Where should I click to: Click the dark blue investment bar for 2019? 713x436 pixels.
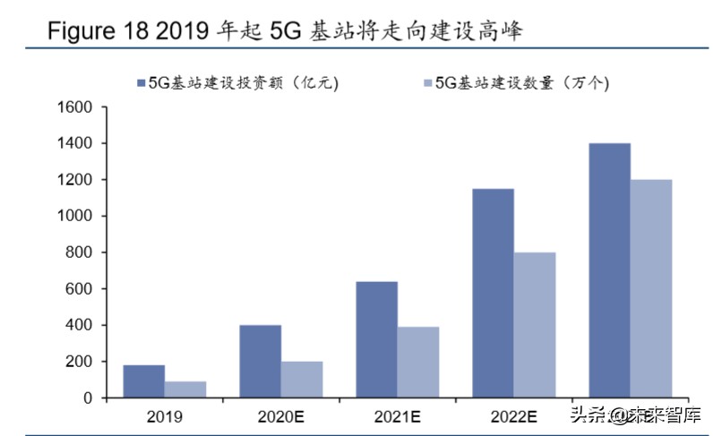pos(143,381)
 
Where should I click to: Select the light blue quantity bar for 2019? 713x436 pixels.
pos(185,389)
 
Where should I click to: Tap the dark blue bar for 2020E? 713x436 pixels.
pos(260,361)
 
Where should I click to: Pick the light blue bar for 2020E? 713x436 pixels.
pos(302,380)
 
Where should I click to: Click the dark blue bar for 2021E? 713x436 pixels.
pos(376,339)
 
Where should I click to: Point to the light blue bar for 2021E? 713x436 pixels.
pos(418,362)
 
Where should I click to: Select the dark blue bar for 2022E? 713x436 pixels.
pos(493,293)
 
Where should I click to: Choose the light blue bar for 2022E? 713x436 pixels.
pos(535,325)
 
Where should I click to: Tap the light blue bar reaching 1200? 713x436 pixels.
pos(651,288)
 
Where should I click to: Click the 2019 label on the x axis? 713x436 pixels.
pos(165,416)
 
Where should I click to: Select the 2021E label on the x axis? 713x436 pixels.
pos(397,416)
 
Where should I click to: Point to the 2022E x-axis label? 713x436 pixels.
pos(513,416)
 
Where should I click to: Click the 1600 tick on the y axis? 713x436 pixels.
pos(75,107)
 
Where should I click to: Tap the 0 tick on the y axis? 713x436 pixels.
pos(89,398)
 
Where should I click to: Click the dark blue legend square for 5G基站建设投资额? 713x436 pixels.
pos(141,83)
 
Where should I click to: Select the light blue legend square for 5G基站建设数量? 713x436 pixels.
pos(427,83)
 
